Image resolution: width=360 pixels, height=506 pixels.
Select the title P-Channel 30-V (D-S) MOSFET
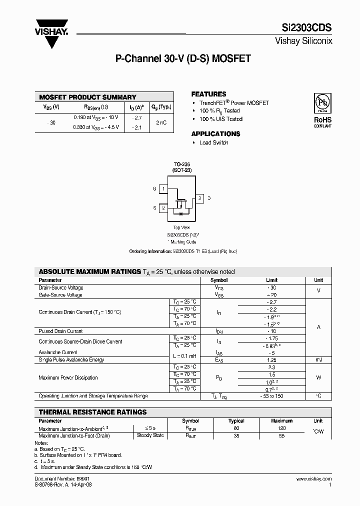(x=183, y=58)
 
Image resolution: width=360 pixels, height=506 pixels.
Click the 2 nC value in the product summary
(x=161, y=122)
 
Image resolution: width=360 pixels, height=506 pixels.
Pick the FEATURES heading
(x=208, y=94)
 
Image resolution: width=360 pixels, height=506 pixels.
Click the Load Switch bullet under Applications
(x=213, y=142)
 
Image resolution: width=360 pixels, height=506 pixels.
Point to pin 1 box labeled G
(x=163, y=188)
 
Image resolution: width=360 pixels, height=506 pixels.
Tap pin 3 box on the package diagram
(x=199, y=198)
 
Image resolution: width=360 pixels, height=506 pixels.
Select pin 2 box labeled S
(x=163, y=207)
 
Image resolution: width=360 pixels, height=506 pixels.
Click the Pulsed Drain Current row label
(x=60, y=331)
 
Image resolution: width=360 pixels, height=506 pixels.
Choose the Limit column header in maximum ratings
(x=271, y=280)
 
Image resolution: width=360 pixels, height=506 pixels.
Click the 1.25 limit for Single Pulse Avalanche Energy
(x=271, y=360)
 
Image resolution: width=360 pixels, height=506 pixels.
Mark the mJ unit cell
(x=318, y=360)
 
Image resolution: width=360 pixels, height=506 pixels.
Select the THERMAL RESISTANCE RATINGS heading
(x=92, y=412)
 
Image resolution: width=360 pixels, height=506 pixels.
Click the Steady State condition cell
(x=150, y=435)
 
